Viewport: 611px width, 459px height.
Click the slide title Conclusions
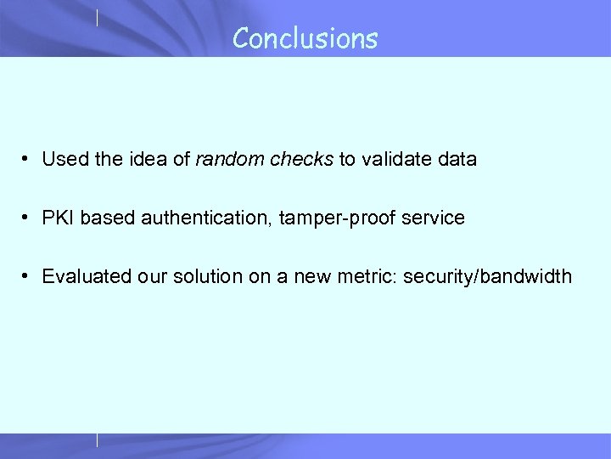point(305,38)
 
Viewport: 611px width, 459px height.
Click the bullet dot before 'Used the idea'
point(28,159)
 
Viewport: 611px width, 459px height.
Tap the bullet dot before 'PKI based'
point(28,218)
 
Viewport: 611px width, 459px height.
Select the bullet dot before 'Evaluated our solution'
point(28,276)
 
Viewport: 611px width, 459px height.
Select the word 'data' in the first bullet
point(458,159)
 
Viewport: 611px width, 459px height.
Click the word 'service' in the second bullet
point(434,218)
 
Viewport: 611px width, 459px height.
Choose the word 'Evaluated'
point(81,276)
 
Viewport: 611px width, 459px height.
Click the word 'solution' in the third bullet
point(192,276)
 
